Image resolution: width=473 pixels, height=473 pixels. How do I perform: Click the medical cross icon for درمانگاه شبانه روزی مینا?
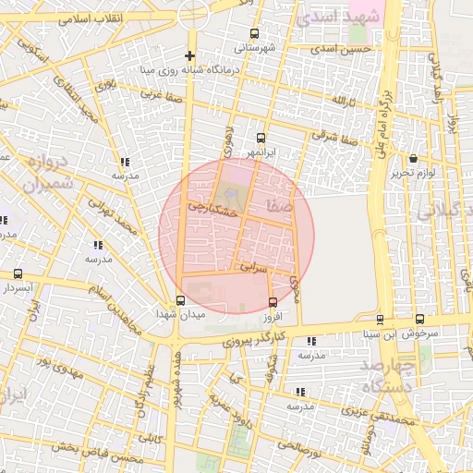point(190,55)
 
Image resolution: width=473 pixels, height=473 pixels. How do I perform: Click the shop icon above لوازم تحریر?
point(413,159)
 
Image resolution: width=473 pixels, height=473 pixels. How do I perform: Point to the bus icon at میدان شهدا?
point(180,300)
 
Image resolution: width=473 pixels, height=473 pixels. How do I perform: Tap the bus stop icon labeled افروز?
point(273,302)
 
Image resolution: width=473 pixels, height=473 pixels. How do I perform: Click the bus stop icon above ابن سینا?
point(380,320)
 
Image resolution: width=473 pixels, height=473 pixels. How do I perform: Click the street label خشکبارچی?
point(213,211)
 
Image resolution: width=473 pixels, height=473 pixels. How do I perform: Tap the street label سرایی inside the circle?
point(253,267)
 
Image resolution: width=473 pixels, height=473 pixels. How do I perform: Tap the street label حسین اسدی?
point(342,48)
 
